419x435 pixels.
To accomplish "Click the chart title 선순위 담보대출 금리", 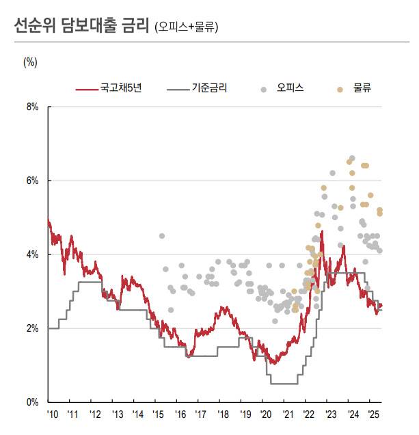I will point(81,26).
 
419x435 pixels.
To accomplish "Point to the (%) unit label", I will point(30,62).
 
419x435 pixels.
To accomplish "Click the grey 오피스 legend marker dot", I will point(264,89).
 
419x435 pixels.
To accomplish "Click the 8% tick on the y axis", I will point(32,107).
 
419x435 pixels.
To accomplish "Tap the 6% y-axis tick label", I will point(32,181).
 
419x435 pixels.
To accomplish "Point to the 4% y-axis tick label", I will point(32,254).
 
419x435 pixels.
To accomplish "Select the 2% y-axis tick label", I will point(32,328).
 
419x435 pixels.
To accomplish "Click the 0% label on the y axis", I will point(32,402).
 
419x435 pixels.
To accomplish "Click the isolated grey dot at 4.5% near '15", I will point(162,236).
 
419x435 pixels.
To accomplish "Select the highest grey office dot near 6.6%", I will point(352,158).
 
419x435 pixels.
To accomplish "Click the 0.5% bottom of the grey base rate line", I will point(283,384).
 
